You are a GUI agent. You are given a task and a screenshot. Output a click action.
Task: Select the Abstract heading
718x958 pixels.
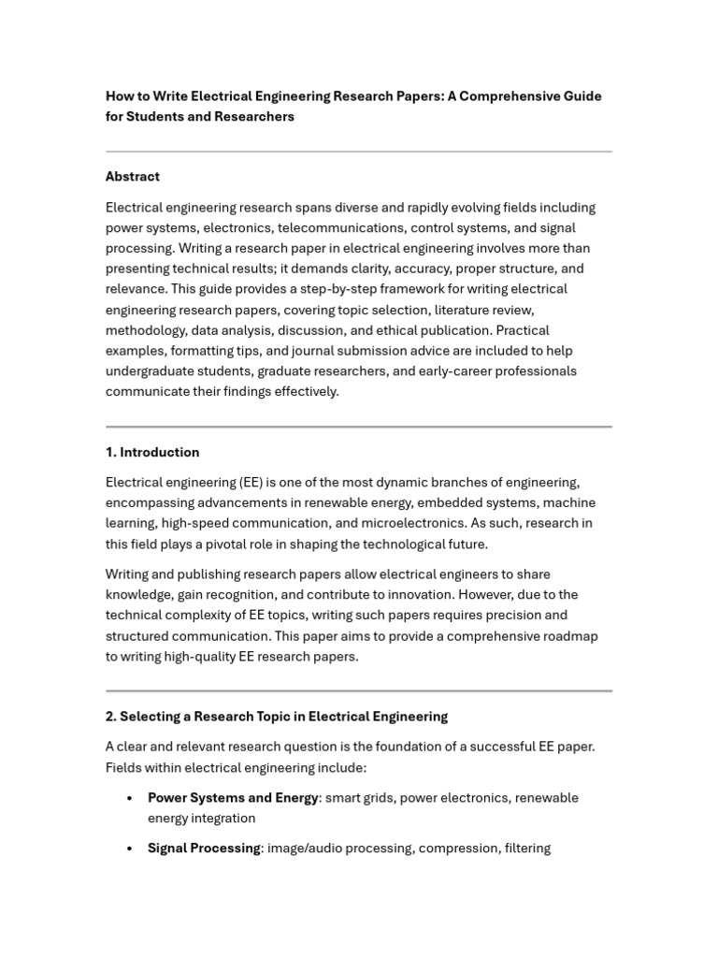(133, 177)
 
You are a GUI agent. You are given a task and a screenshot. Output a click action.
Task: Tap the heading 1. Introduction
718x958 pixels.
(152, 453)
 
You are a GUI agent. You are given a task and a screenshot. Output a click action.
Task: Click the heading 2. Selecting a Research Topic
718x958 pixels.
(277, 717)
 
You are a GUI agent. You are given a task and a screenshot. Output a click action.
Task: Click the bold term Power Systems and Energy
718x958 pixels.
(233, 798)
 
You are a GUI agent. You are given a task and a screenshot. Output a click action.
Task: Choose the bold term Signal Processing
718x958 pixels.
(204, 849)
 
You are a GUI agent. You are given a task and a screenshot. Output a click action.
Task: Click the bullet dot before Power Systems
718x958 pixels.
(129, 799)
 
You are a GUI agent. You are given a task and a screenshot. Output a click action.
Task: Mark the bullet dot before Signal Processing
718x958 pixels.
(129, 849)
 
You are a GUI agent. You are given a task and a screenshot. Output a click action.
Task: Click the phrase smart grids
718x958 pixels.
(359, 798)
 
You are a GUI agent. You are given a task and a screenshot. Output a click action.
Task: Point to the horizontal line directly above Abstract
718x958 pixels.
(359, 152)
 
